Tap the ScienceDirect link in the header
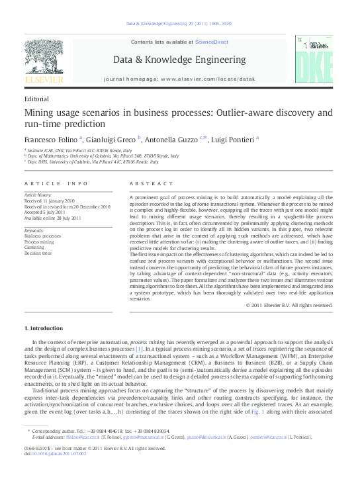click(x=211, y=42)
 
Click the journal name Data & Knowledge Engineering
click(x=179, y=59)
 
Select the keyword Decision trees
click(x=38, y=253)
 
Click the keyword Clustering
click(x=34, y=247)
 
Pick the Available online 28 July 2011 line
click(x=53, y=218)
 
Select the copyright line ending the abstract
click(x=289, y=305)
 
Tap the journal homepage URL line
click(x=179, y=79)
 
